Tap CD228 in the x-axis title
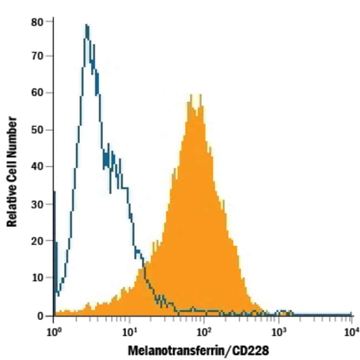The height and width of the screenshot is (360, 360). pyautogui.click(x=251, y=351)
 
